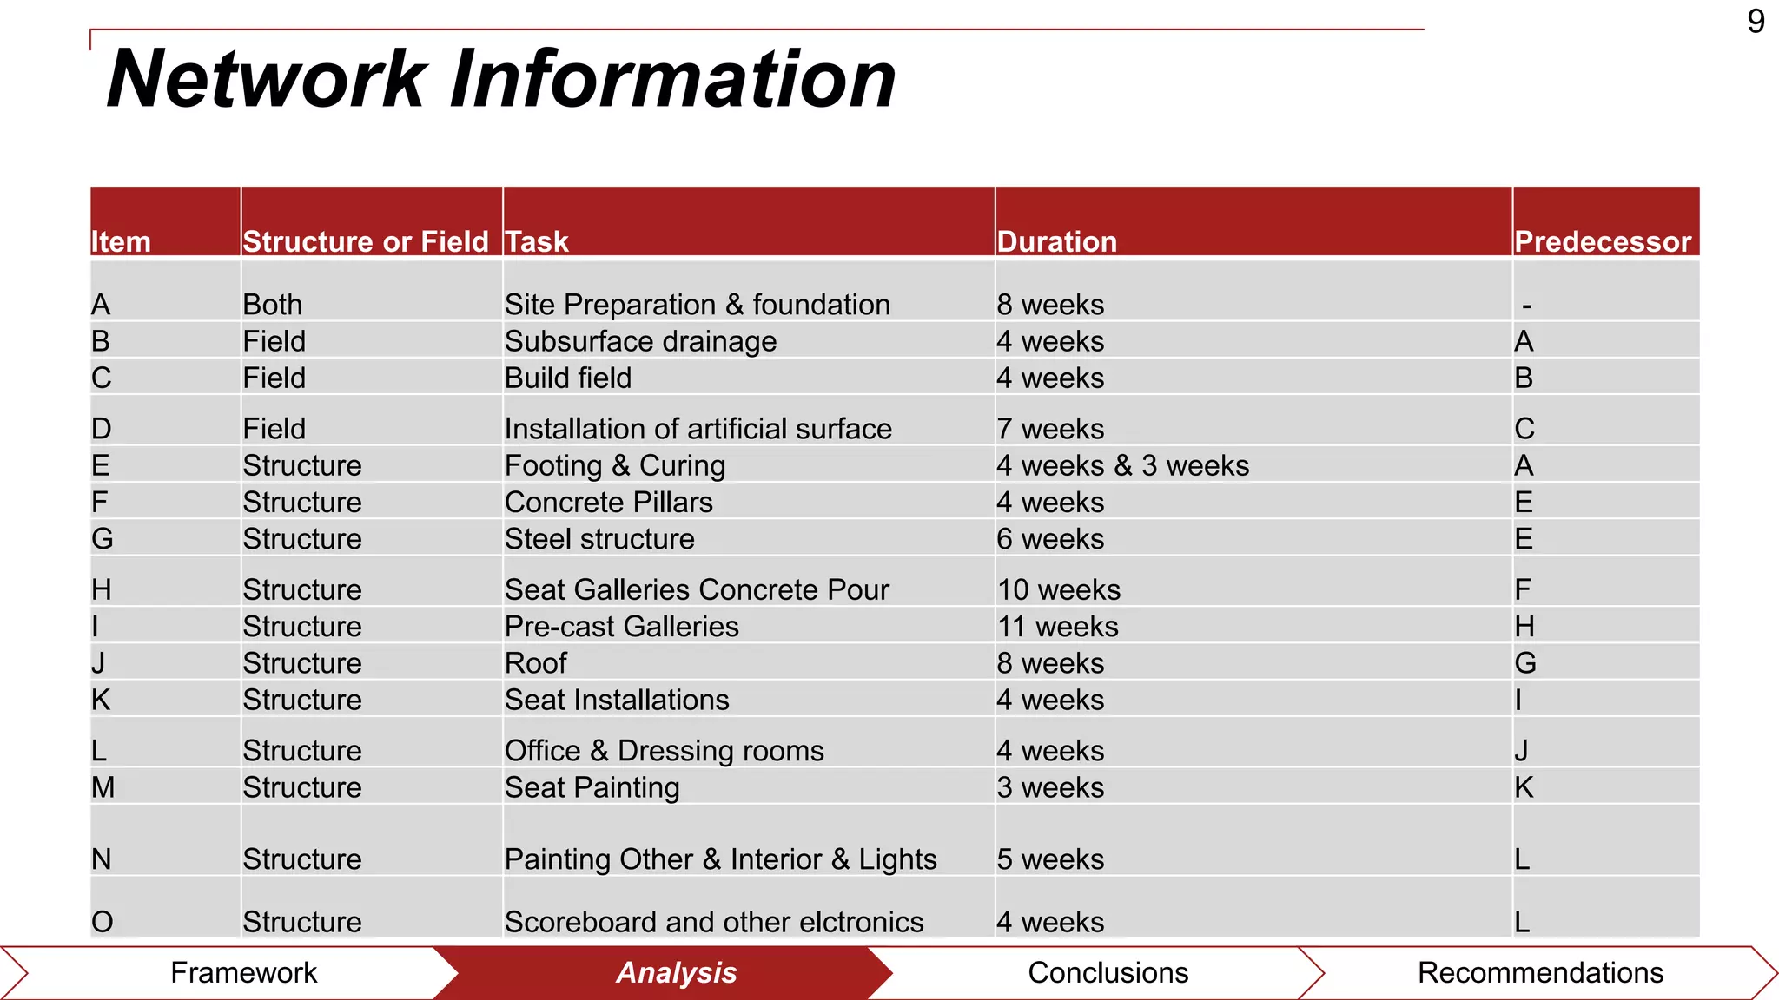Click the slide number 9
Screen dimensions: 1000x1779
[x=1756, y=22]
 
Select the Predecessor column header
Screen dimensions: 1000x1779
[x=1603, y=241]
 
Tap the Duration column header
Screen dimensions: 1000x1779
[x=1056, y=241]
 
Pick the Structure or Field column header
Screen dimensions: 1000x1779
[x=366, y=241]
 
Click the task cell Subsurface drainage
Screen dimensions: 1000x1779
[x=640, y=341]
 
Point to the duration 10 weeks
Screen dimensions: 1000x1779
[x=1058, y=590]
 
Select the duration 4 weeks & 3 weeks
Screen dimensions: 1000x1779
[x=1122, y=466]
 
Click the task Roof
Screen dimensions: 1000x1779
[x=535, y=663]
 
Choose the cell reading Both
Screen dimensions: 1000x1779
[x=272, y=305]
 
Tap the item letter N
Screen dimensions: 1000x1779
[x=102, y=859]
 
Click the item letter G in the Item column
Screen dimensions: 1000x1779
[x=103, y=539]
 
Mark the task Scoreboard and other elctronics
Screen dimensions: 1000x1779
[x=713, y=922]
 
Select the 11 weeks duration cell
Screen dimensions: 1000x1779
[x=1057, y=627]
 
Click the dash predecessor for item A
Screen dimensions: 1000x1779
[x=1526, y=306]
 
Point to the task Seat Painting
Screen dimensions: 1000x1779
[x=592, y=787]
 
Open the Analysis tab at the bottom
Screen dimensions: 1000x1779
[x=676, y=973]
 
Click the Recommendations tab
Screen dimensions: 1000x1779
[x=1539, y=973]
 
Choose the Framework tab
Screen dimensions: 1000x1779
[x=243, y=973]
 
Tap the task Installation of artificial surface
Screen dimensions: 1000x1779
[x=698, y=429]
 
